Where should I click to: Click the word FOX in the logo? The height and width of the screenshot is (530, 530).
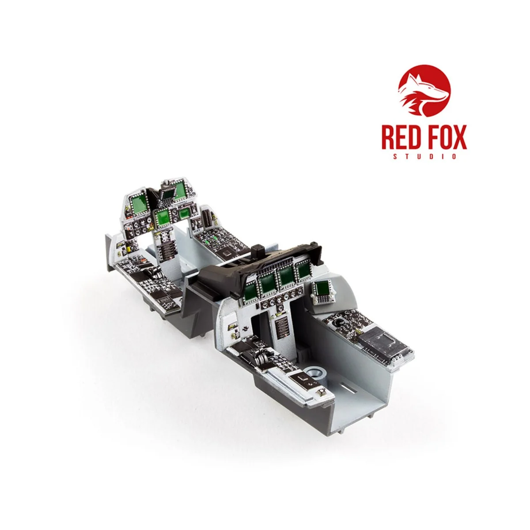click(446, 138)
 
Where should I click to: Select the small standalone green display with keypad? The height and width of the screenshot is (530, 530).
click(322, 290)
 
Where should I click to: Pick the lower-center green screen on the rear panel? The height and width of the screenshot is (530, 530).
click(163, 217)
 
